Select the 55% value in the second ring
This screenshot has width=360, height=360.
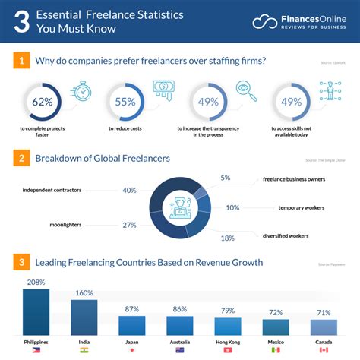(125, 101)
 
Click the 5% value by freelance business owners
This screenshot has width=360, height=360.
(226, 178)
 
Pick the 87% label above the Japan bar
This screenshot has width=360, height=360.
(131, 309)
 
